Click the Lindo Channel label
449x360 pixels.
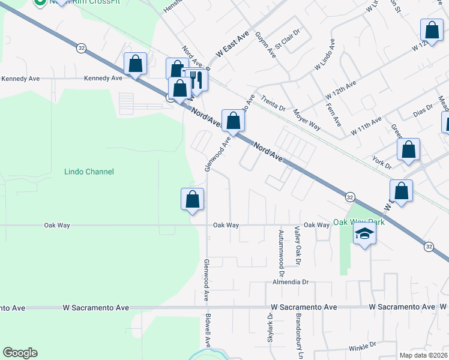pyautogui.click(x=89, y=172)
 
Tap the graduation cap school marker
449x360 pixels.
pyautogui.click(x=364, y=233)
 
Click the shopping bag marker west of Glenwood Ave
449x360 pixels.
pyautogui.click(x=193, y=199)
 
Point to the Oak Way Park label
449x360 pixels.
pyautogui.click(x=359, y=222)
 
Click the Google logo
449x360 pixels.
pyautogui.click(x=20, y=353)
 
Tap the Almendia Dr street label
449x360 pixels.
pyautogui.click(x=290, y=281)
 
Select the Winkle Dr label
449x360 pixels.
pyautogui.click(x=362, y=346)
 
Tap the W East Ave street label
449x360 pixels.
pyautogui.click(x=232, y=45)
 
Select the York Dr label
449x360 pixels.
pyautogui.click(x=382, y=163)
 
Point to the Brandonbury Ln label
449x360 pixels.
pyautogui.click(x=298, y=334)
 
